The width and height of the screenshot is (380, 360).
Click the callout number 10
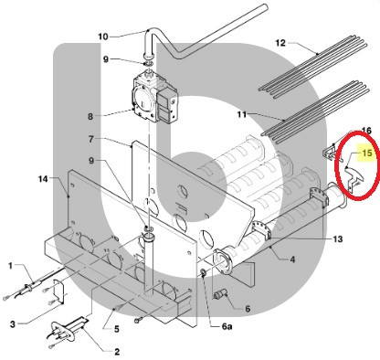point(103,37)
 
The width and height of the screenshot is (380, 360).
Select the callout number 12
point(280,43)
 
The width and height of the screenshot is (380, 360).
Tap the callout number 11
point(242,114)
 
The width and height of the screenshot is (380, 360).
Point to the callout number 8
point(90,116)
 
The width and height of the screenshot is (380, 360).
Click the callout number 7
point(91,139)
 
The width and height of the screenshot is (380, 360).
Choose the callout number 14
point(43,179)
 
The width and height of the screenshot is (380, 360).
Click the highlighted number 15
point(367,153)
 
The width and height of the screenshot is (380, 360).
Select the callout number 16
point(366,131)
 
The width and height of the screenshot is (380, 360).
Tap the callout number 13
point(338,239)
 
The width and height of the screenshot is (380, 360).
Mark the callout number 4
point(292,259)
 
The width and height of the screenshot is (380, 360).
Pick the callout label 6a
point(227,327)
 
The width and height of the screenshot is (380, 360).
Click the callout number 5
point(117,329)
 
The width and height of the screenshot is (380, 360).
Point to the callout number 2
point(117,352)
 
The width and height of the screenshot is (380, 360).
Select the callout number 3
point(12,324)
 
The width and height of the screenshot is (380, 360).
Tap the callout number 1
point(10,266)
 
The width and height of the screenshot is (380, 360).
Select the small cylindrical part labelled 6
point(219,294)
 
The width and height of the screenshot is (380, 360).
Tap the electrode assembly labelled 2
point(68,330)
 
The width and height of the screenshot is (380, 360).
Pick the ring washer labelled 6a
point(203,272)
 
